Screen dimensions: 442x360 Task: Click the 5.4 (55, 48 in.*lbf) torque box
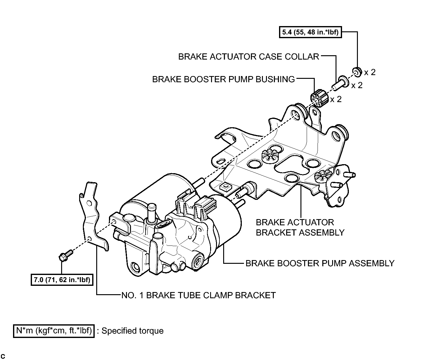tap(310, 32)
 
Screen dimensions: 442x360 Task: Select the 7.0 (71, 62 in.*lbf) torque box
tap(62, 280)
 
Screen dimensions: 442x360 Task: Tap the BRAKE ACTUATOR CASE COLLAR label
tap(248, 57)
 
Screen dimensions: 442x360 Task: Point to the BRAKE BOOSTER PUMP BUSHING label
tap(223, 79)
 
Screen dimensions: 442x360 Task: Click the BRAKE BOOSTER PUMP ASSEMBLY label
tap(320, 263)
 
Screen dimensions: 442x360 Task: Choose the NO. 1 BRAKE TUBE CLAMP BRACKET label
tap(198, 295)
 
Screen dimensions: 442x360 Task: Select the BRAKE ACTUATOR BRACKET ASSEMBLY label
tap(300, 227)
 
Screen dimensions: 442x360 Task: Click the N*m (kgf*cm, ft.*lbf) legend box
tap(54, 331)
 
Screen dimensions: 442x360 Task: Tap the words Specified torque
tap(133, 331)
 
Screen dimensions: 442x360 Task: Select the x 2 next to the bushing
tap(336, 99)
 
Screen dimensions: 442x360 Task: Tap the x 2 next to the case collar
tap(357, 85)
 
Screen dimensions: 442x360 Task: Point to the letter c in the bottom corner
tap(3, 356)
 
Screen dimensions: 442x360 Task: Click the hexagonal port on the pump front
tap(198, 258)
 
